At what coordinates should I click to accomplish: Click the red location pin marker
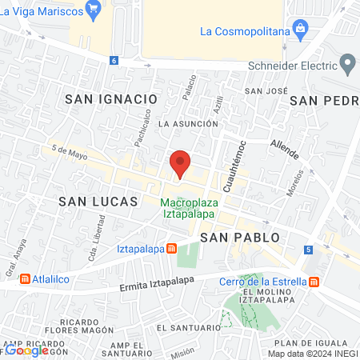pyautogui.click(x=180, y=164)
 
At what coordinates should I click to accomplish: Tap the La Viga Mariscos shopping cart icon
pyautogui.click(x=94, y=10)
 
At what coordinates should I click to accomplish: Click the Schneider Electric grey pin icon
pyautogui.click(x=347, y=62)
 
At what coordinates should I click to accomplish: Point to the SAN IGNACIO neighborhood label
pyautogui.click(x=110, y=98)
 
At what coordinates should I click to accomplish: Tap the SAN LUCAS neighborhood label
pyautogui.click(x=99, y=202)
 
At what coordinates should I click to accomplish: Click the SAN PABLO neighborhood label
pyautogui.click(x=240, y=238)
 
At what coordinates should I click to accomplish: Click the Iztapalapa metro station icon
pyautogui.click(x=171, y=248)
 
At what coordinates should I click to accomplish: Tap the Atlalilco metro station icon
pyautogui.click(x=25, y=279)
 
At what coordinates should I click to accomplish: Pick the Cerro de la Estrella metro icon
pyautogui.click(x=314, y=281)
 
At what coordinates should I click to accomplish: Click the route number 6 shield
pyautogui.click(x=114, y=60)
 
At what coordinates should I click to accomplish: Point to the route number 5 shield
pyautogui.click(x=309, y=250)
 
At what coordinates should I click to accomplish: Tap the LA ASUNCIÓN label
pyautogui.click(x=188, y=124)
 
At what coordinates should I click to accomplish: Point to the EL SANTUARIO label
pyautogui.click(x=188, y=328)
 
